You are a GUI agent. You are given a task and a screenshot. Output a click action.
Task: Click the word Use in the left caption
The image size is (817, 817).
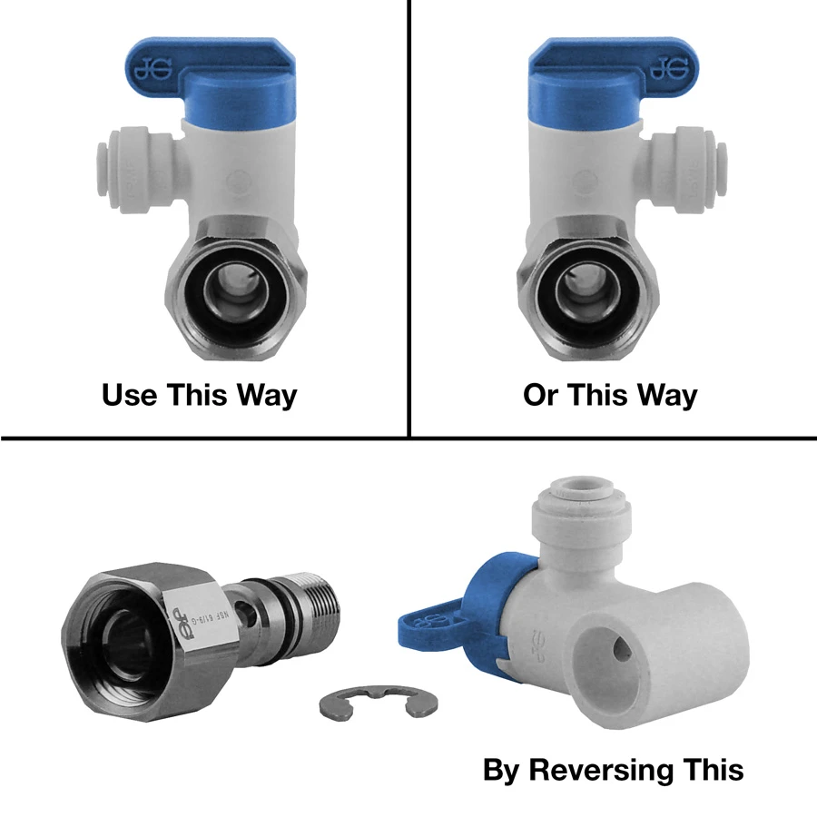pyautogui.click(x=133, y=396)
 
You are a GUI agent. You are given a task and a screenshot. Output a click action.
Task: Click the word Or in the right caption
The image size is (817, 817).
pyautogui.click(x=542, y=396)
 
